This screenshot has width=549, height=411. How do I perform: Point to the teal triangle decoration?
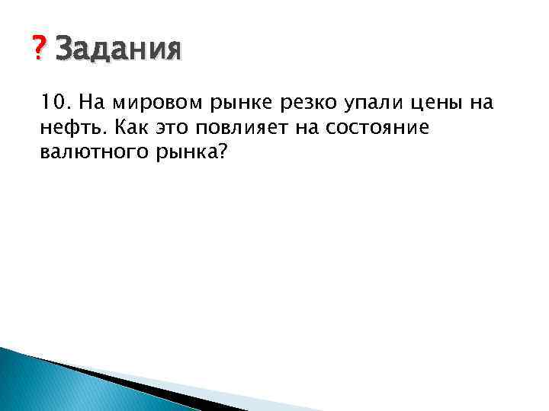(x=46, y=384)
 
